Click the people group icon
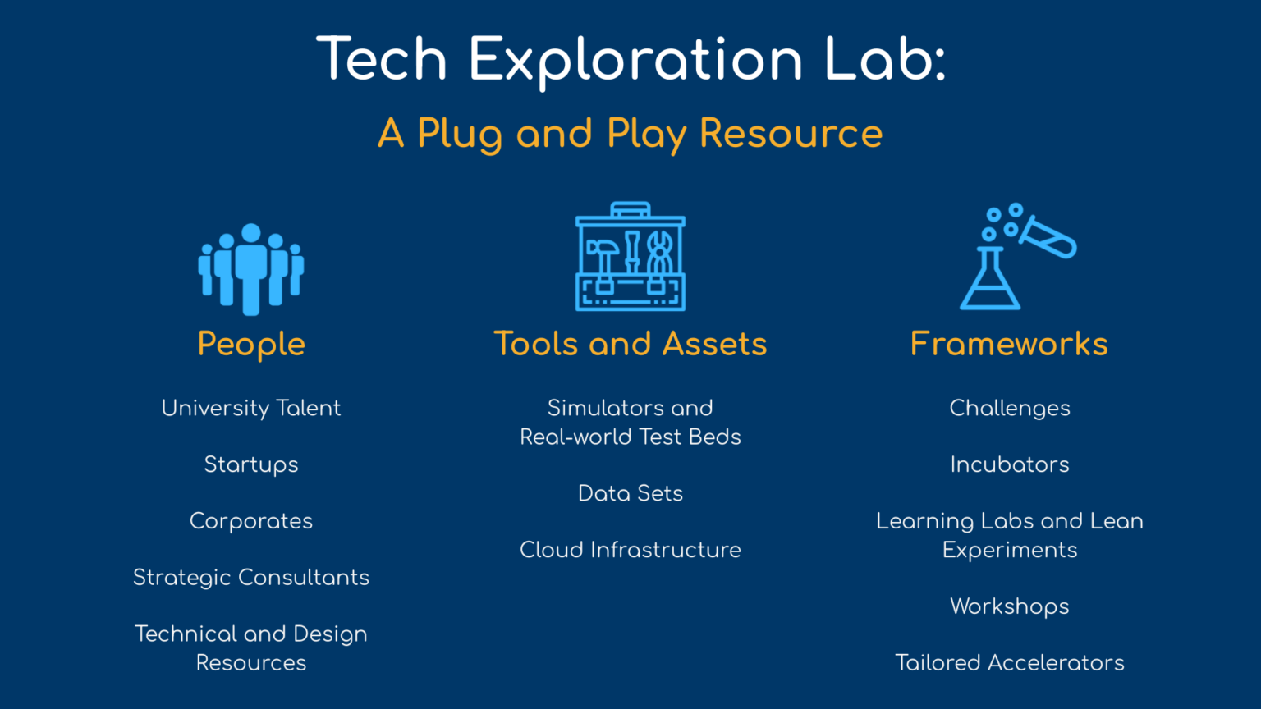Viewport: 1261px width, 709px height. [x=251, y=269]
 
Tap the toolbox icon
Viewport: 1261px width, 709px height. [x=630, y=256]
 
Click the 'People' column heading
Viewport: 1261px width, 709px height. [x=251, y=344]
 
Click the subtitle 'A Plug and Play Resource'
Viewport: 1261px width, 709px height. [x=630, y=135]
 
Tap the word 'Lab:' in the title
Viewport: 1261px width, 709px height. [x=885, y=59]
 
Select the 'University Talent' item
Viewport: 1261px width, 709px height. [x=251, y=409]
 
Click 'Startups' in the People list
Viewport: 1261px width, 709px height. [x=251, y=465]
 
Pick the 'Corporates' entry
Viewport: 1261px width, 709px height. [x=251, y=522]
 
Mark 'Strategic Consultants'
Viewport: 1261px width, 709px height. [x=251, y=578]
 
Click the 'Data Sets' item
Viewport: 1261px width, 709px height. [x=630, y=493]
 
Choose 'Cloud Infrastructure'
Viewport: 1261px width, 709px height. [x=630, y=550]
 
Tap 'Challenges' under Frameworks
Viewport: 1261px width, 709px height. [x=1010, y=409]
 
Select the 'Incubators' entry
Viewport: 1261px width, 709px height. [x=1010, y=464]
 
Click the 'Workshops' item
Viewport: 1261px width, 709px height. [x=1010, y=606]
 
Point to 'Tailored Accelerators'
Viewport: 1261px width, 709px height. [x=1010, y=663]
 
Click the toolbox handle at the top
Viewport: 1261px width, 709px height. [x=630, y=208]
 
